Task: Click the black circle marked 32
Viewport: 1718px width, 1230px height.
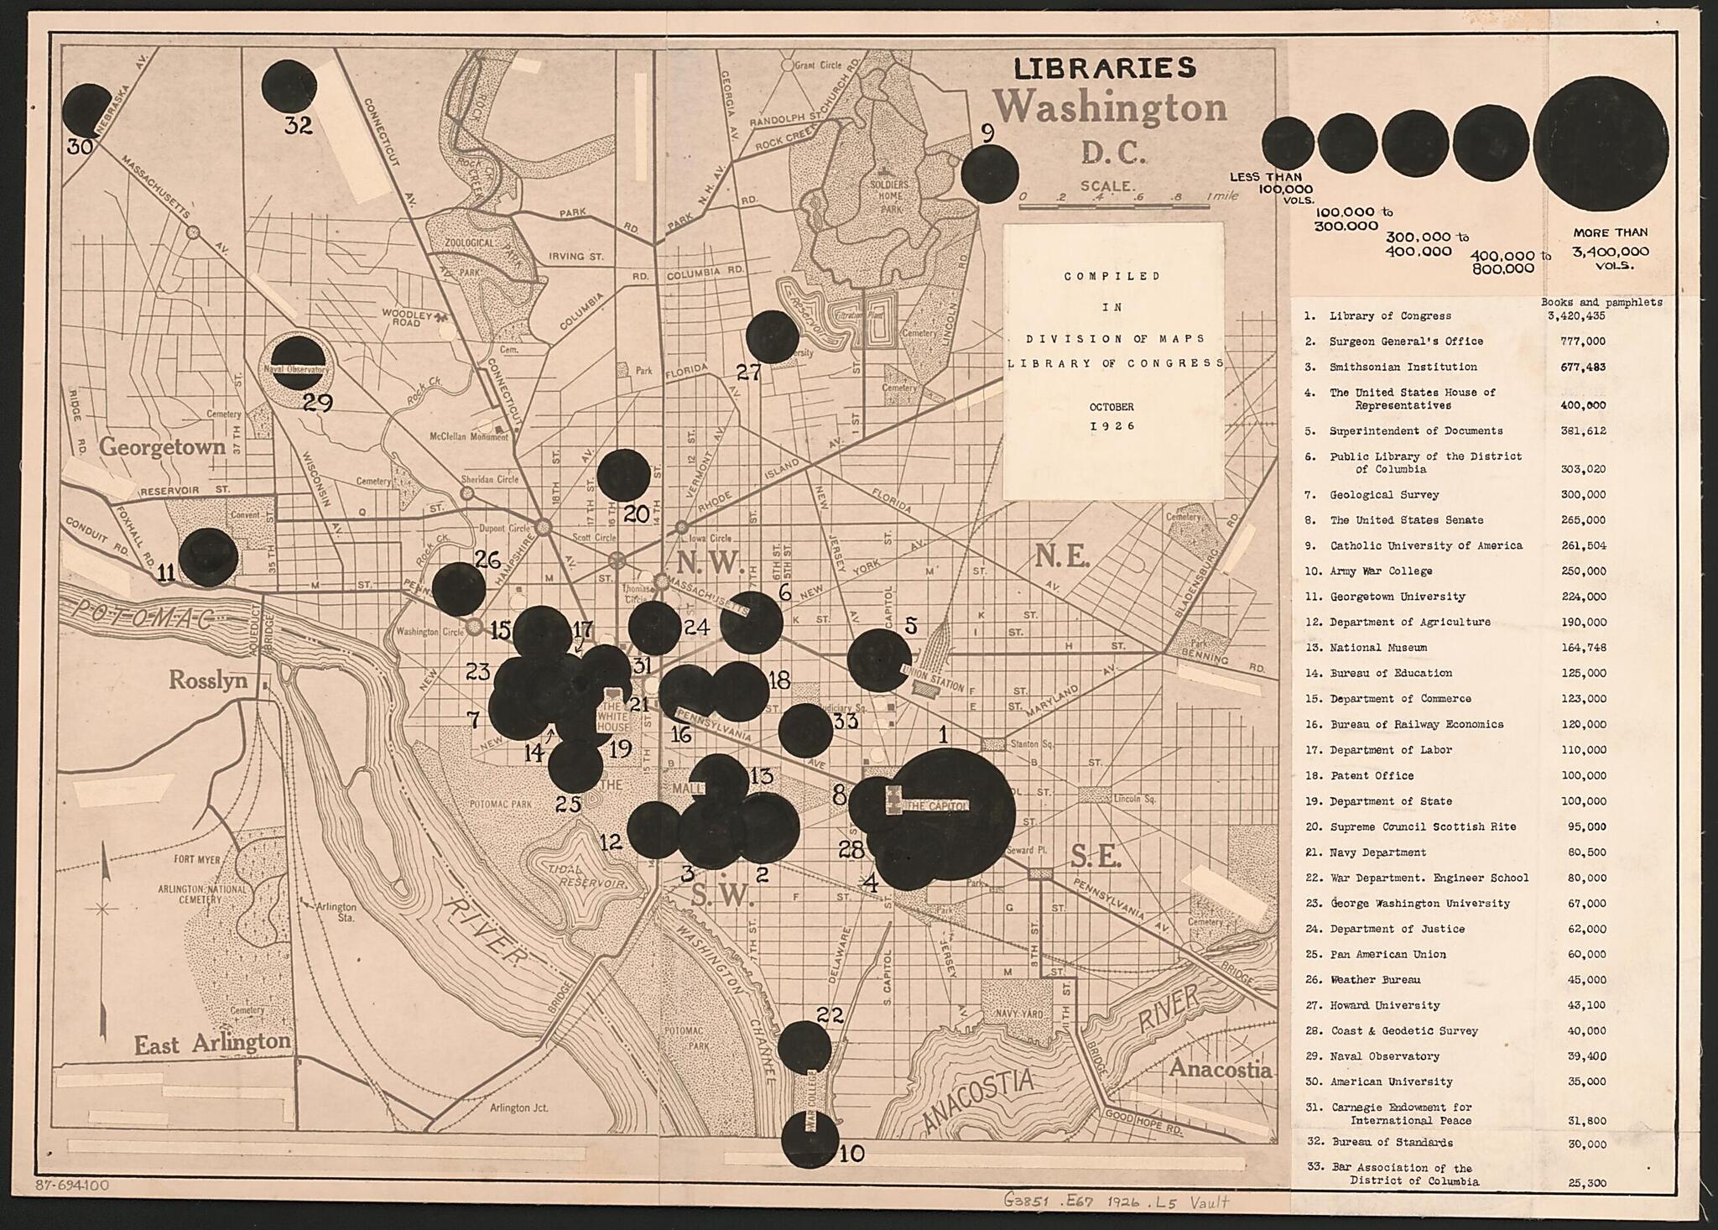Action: [289, 86]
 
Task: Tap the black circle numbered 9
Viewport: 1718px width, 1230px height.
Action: [989, 174]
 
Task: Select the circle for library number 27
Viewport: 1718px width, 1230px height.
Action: [772, 336]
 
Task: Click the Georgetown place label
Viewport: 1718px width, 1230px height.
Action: [163, 446]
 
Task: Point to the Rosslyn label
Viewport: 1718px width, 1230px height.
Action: [208, 680]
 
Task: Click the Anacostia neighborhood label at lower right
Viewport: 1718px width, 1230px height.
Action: [1220, 1069]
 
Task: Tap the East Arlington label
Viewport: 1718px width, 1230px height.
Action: [212, 1043]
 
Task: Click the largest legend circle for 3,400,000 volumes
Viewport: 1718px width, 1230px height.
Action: [1601, 144]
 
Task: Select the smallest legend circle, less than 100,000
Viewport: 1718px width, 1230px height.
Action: [1288, 143]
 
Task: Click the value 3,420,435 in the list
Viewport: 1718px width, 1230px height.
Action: [1575, 316]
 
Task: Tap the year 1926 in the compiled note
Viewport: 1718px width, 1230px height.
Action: [1112, 425]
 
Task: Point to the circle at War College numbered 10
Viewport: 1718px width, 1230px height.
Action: [810, 1139]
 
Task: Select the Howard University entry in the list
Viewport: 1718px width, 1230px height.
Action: [1384, 1005]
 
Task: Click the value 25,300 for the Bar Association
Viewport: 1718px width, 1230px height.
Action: [1586, 1183]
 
